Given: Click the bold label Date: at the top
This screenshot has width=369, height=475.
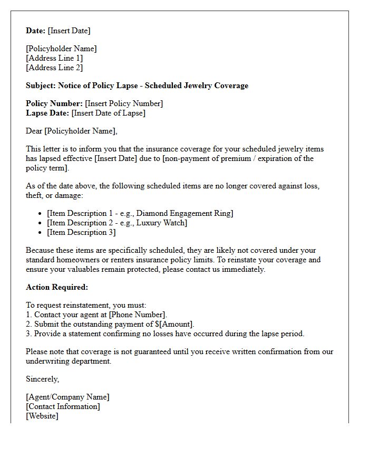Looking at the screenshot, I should coord(36,31).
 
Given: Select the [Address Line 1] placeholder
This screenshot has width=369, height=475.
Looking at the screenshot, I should coord(54,58).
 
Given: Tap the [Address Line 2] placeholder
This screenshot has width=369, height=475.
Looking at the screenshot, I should coord(54,68).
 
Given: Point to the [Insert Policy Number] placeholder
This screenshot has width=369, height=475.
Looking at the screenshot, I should coord(124,103).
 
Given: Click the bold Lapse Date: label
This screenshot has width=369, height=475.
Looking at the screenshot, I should coord(47,113).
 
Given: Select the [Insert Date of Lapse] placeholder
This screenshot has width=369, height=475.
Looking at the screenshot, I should coord(109,113).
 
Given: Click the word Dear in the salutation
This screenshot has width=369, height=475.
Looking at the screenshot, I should coord(34,131).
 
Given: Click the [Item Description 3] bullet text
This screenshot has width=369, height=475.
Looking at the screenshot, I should coord(81,232).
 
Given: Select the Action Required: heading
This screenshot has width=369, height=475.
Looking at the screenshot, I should coord(57,287).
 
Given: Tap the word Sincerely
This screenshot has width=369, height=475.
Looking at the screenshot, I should coord(43,379).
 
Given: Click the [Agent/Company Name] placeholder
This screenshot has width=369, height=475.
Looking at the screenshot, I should coord(67,397).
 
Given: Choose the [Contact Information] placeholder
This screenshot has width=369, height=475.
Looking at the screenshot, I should coord(63,406).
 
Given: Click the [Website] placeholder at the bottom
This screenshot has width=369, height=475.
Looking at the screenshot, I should coord(42,416).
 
